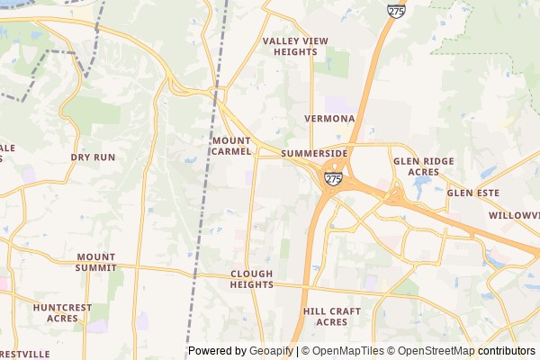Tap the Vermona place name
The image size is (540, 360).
tap(329, 119)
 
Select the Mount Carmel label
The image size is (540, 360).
tap(238, 147)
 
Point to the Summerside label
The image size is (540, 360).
tap(314, 154)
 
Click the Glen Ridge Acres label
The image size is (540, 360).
tap(423, 166)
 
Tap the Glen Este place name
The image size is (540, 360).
tap(472, 193)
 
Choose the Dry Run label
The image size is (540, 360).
tap(93, 157)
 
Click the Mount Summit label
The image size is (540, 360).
tap(96, 262)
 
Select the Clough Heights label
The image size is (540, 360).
tap(251, 279)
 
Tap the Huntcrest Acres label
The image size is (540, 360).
tap(62, 312)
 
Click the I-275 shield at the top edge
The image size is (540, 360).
tap(396, 11)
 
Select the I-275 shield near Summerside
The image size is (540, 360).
tap(334, 179)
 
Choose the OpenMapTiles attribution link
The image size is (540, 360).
tap(348, 351)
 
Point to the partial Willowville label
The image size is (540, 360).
tap(514, 216)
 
